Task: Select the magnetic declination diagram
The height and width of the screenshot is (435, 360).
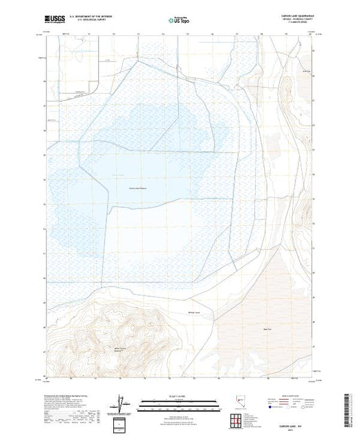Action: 122,400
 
